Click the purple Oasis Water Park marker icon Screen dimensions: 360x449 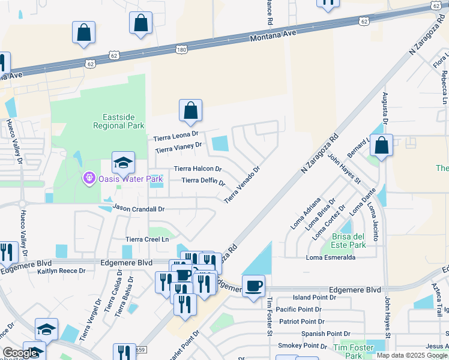point(89,179)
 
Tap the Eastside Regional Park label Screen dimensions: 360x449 point(119,121)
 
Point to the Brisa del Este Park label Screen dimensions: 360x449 point(349,241)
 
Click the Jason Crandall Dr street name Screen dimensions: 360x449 point(138,209)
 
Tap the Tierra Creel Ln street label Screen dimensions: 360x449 point(148,239)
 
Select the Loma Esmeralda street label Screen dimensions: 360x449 point(331,257)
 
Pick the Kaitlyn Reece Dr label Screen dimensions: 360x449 point(61,271)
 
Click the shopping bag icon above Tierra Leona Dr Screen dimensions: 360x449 point(190,111)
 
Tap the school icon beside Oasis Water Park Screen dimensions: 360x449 point(123,163)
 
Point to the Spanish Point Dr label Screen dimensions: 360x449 point(326,334)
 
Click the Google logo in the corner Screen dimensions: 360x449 point(20,353)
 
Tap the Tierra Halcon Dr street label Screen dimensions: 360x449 point(197,169)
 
